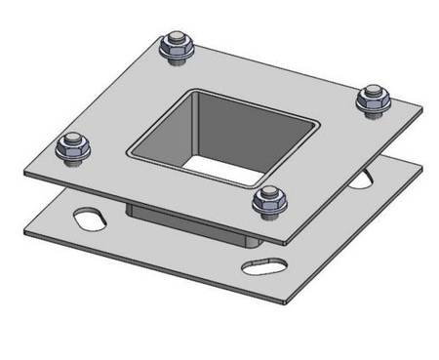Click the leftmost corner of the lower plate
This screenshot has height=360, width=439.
coord(22,227)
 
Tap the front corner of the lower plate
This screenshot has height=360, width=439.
coord(283,299)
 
